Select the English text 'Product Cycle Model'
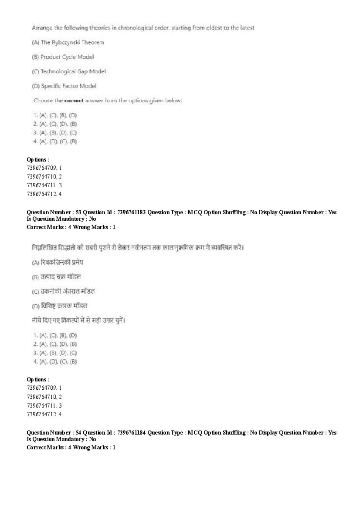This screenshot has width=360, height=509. [x=67, y=57]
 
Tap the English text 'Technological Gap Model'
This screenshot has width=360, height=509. [x=73, y=71]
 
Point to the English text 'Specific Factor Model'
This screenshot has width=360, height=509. [x=68, y=86]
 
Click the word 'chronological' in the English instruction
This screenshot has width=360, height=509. [x=149, y=28]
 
